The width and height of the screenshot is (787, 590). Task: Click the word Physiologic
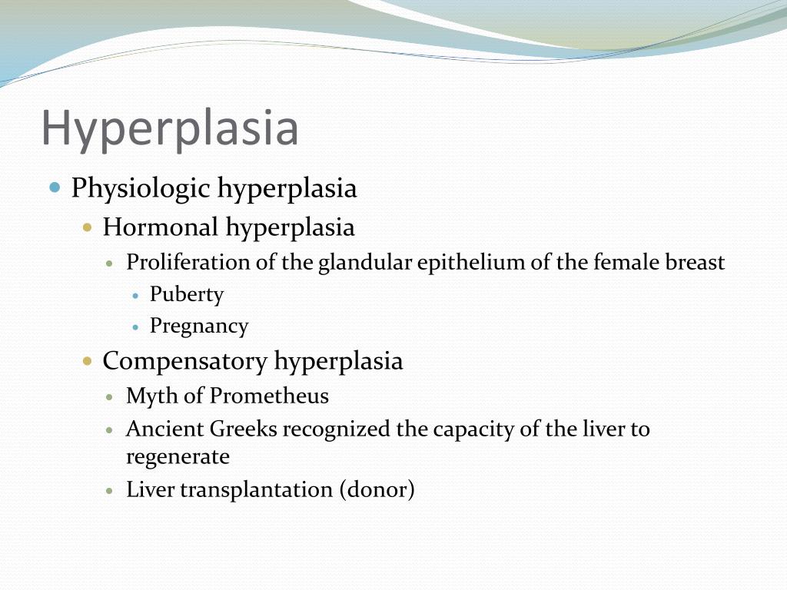click(x=141, y=189)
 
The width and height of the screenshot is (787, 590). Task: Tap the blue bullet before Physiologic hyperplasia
click(x=55, y=187)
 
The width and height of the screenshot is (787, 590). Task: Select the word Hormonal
click(x=161, y=227)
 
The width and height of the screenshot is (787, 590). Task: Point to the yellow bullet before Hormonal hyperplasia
click(x=88, y=227)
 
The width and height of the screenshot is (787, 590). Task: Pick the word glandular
click(x=365, y=263)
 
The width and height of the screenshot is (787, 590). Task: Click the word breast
click(x=694, y=263)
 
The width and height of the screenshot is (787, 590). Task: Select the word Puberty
click(x=187, y=294)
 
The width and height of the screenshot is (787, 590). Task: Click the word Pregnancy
click(x=199, y=326)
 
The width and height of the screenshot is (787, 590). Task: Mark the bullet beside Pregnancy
click(x=135, y=326)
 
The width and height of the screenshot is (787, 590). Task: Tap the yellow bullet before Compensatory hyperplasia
click(x=88, y=361)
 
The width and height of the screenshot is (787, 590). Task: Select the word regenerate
click(x=178, y=457)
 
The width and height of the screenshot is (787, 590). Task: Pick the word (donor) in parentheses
click(x=377, y=490)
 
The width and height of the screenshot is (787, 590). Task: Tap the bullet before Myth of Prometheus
click(x=111, y=397)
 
